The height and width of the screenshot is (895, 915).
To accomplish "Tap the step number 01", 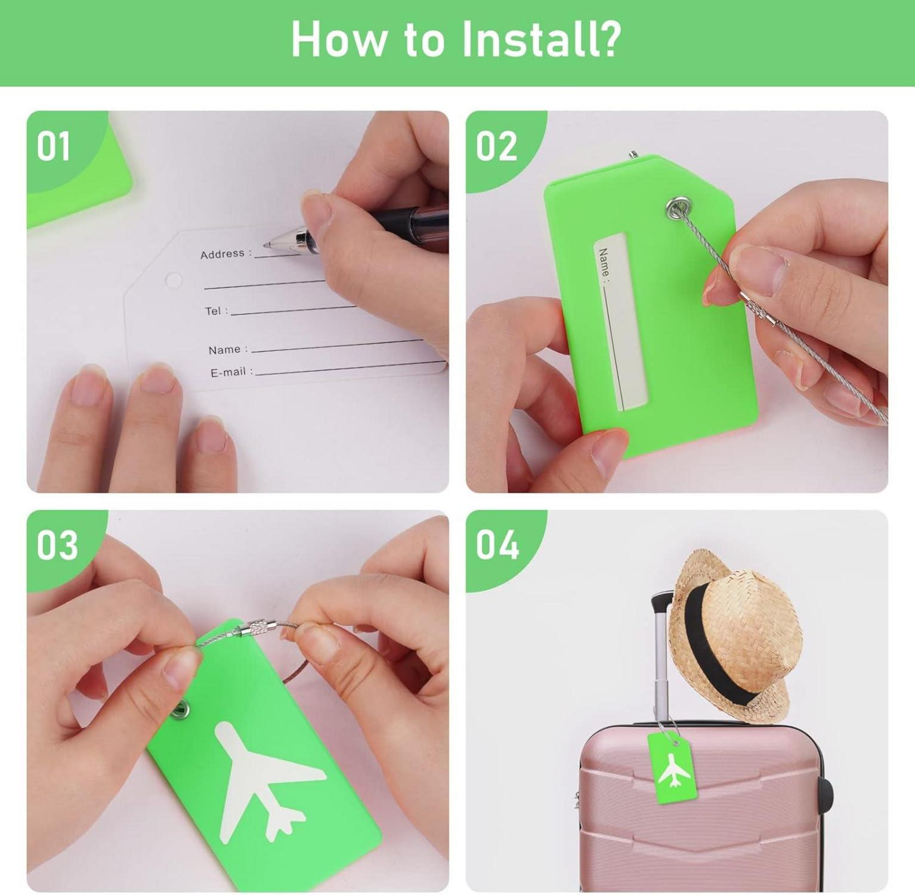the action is pyautogui.click(x=54, y=146).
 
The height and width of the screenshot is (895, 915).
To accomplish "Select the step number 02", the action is pyautogui.click(x=496, y=146).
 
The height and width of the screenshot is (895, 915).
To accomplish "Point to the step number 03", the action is pyautogui.click(x=57, y=545).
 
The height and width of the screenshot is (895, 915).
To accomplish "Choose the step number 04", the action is pyautogui.click(x=497, y=545).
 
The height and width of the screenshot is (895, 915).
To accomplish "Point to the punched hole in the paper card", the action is pyautogui.click(x=174, y=279).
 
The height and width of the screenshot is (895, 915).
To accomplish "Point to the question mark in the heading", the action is pyautogui.click(x=609, y=39).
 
